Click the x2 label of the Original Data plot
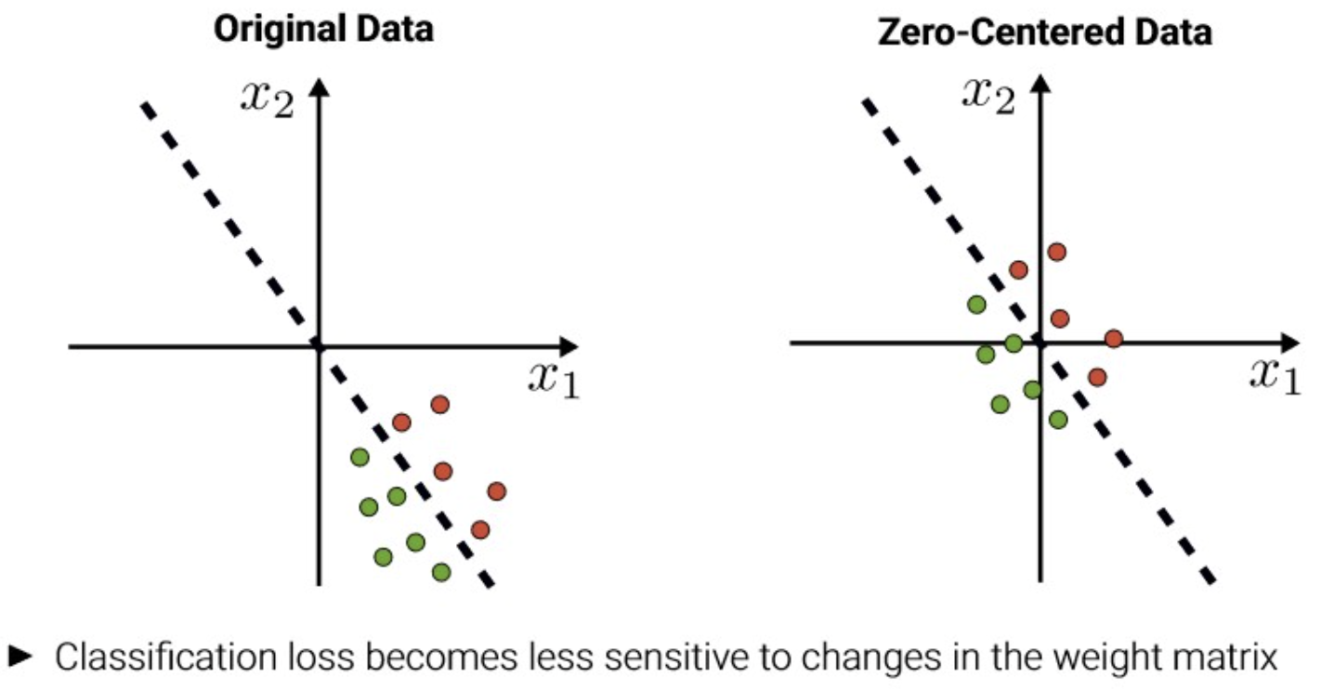click(x=267, y=96)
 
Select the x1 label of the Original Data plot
click(x=554, y=379)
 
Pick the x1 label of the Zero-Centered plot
click(x=1275, y=374)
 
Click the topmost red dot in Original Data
click(x=440, y=405)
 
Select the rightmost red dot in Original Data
click(x=496, y=490)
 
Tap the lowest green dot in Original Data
click(x=441, y=572)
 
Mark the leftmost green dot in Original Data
click(x=360, y=457)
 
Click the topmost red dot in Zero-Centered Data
click(x=1056, y=252)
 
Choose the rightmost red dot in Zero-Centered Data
click(x=1113, y=339)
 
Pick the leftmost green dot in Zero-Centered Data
click(x=976, y=304)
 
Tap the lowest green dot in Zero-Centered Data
click(x=1058, y=420)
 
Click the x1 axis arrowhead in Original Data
click(x=569, y=346)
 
